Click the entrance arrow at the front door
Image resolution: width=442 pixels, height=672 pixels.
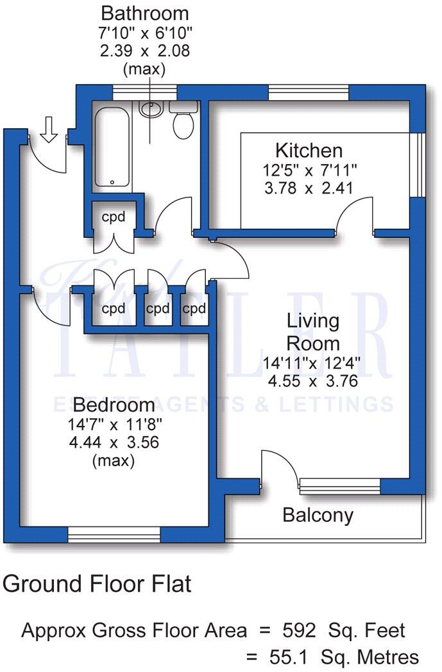tap(49, 131)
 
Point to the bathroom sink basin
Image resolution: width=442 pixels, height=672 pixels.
tap(150, 109)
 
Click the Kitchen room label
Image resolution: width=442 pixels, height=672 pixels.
tap(309, 151)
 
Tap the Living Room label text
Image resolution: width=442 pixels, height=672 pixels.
tap(312, 331)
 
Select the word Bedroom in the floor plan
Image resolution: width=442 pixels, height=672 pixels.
tap(114, 405)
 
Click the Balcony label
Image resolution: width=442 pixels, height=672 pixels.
tap(318, 515)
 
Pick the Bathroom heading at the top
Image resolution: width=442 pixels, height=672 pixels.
tap(145, 13)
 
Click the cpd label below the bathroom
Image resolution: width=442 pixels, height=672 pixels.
tap(112, 217)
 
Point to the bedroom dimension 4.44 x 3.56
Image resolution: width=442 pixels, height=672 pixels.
tap(114, 442)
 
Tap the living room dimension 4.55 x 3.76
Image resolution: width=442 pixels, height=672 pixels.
tap(312, 381)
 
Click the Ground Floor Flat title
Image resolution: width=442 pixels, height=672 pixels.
tap(98, 584)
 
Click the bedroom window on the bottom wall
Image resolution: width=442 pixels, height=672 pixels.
tap(114, 534)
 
